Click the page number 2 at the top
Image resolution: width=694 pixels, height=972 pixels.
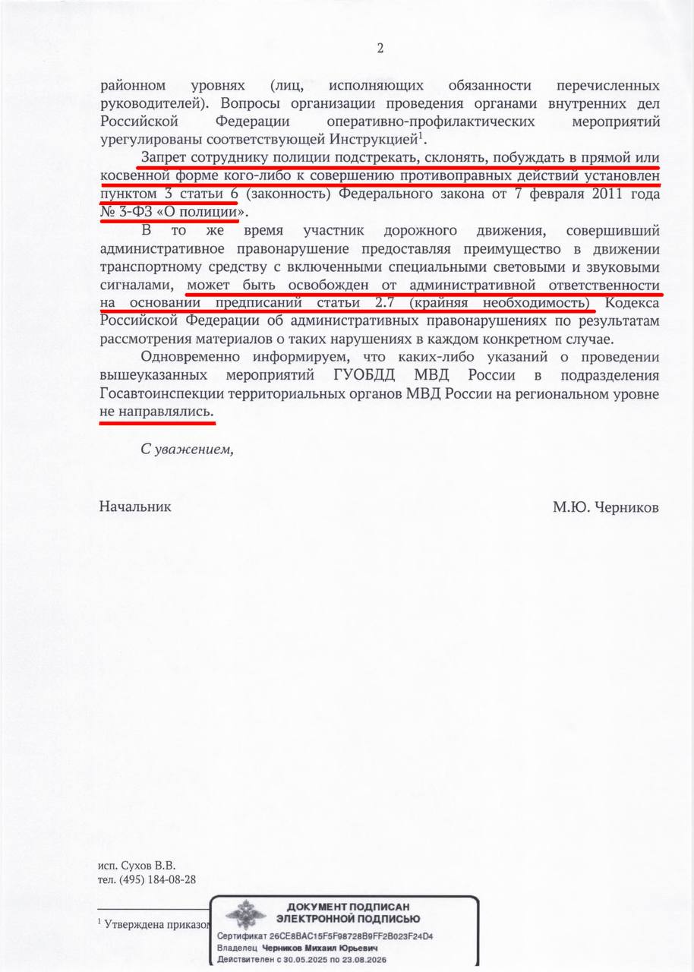pos(380,49)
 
